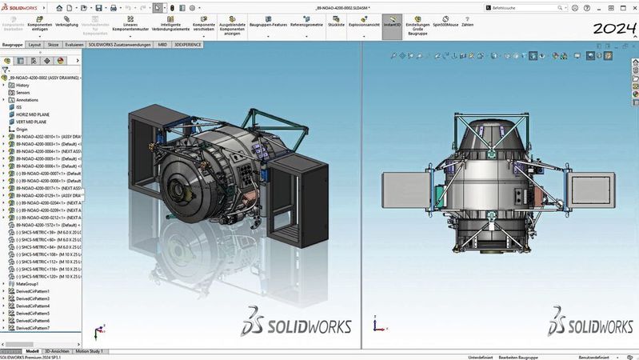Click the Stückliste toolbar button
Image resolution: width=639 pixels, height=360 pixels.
click(337, 25)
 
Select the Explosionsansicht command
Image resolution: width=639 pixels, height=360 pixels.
click(364, 25)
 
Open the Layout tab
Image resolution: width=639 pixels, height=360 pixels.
click(34, 45)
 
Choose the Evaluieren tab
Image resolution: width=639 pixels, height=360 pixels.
click(74, 45)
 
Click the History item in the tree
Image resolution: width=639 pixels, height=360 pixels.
click(22, 85)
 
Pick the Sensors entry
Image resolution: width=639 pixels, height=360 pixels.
click(22, 92)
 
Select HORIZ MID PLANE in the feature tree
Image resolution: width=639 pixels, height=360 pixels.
click(33, 114)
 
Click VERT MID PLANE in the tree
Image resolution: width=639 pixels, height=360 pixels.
click(31, 122)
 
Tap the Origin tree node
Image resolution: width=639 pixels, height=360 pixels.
click(22, 129)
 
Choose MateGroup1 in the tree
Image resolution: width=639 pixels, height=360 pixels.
click(27, 283)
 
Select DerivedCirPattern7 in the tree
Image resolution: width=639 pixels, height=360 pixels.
click(33, 328)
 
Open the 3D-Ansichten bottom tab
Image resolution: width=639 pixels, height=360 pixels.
click(58, 351)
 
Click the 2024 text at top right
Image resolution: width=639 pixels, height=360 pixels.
click(612, 29)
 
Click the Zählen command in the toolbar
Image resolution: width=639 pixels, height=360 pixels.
click(468, 25)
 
